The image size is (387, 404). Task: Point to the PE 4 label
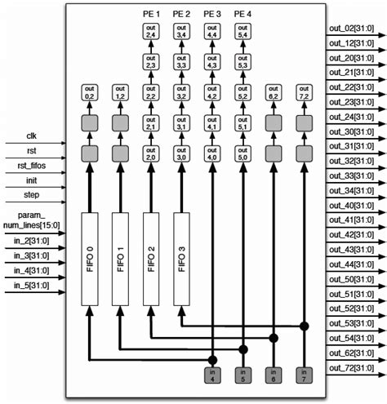pos(243,14)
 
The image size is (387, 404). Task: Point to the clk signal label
pos(31,135)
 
